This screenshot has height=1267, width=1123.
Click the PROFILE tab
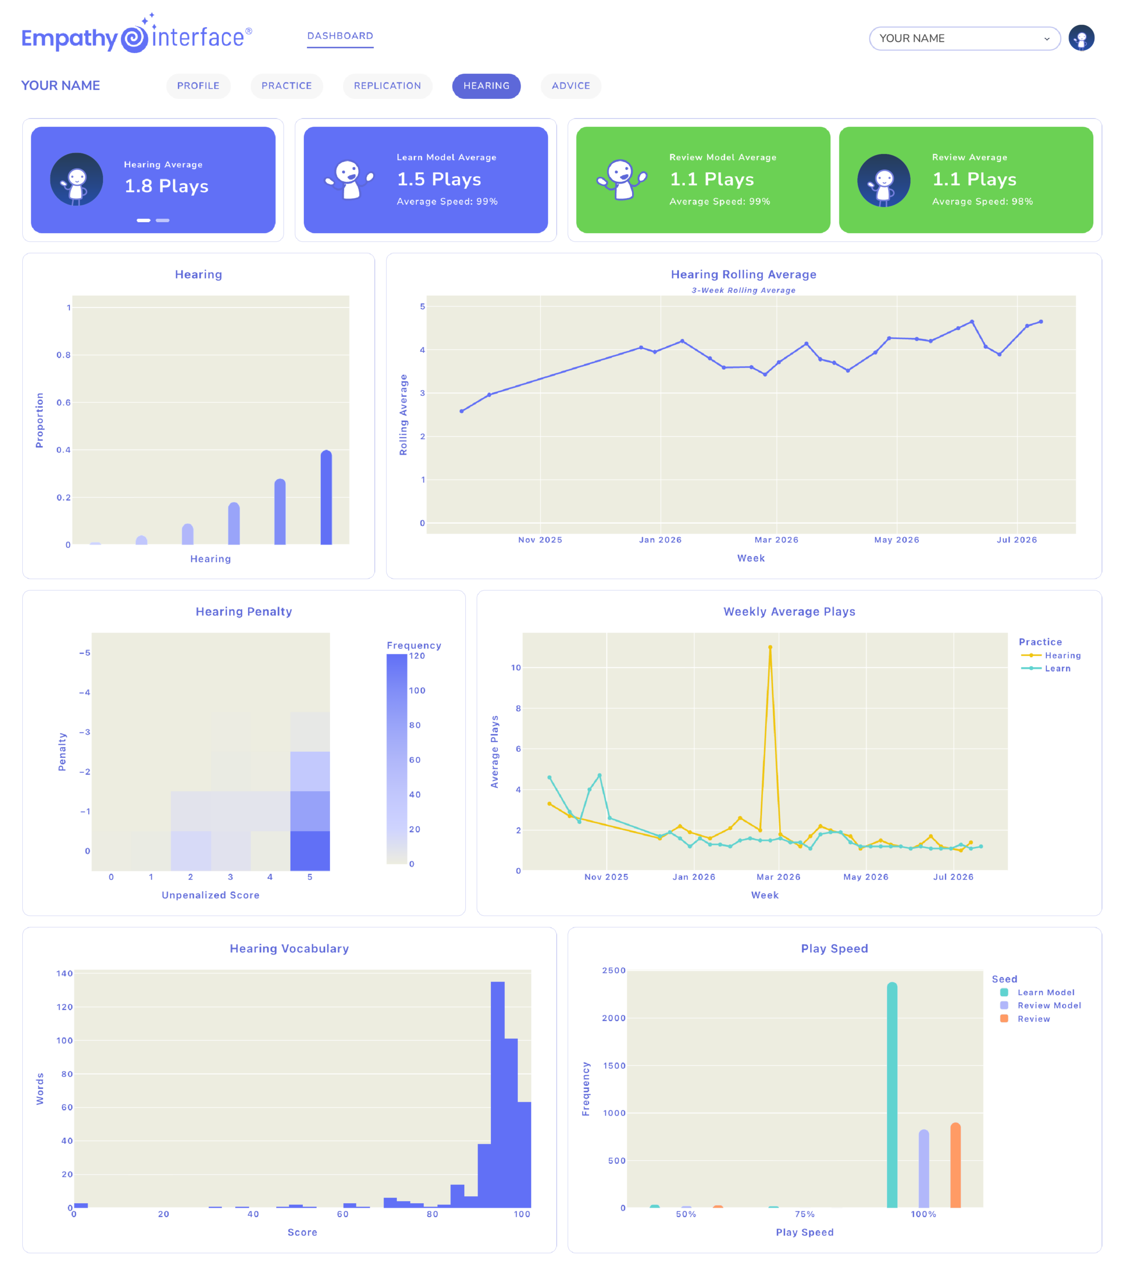pos(198,86)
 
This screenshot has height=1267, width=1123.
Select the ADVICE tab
pos(571,86)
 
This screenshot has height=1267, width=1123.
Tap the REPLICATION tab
pos(388,86)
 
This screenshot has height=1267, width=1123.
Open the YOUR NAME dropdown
pos(964,39)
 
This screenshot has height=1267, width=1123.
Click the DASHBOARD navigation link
pos(340,36)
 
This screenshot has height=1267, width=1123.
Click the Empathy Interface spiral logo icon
pos(134,39)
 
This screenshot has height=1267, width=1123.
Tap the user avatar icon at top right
pos(1081,38)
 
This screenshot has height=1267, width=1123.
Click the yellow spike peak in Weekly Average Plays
pos(770,647)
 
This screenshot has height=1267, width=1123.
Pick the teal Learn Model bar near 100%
pos(892,1095)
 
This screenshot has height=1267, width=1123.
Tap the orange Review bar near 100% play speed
pos(956,1166)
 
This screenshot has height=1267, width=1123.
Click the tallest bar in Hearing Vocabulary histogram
pos(498,1094)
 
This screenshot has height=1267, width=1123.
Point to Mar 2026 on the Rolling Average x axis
pos(777,540)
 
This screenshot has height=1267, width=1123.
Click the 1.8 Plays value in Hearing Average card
pos(167,186)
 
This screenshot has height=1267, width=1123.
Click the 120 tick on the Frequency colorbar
pos(417,656)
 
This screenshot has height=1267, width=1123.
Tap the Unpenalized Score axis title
pos(211,895)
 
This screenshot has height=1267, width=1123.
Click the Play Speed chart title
pos(834,948)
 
